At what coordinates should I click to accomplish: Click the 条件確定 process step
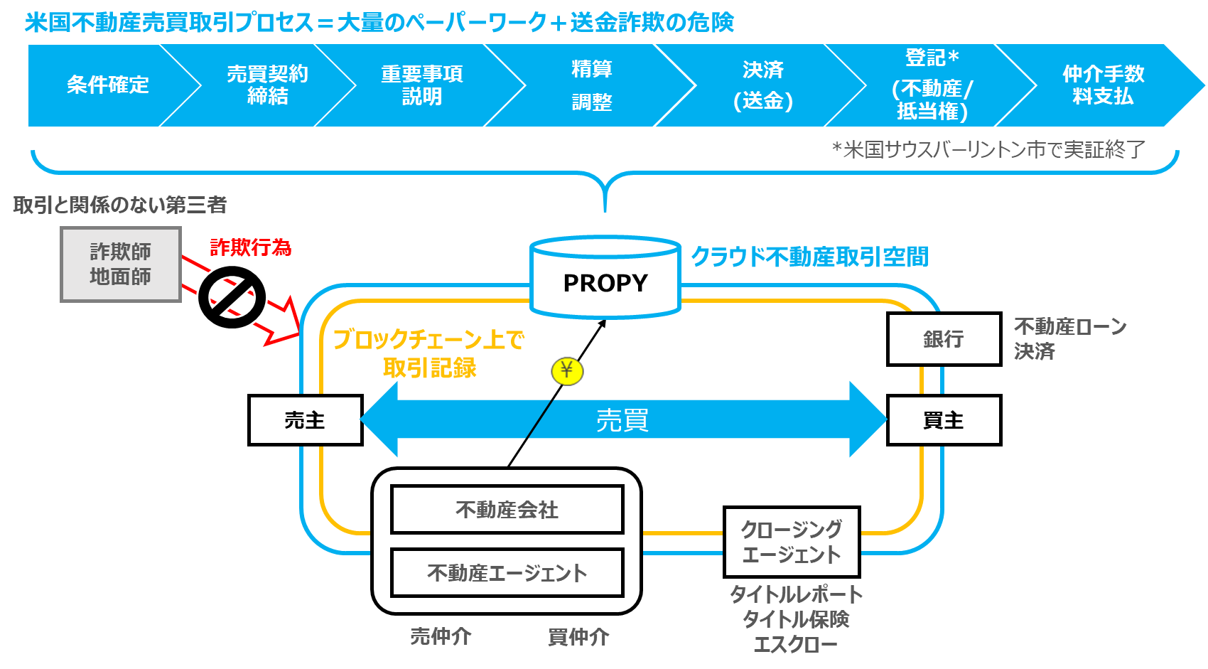coord(107,85)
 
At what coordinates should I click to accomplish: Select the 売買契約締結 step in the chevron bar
coord(267,85)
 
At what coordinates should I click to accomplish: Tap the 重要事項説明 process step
coord(421,85)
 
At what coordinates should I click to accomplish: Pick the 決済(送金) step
coord(762,85)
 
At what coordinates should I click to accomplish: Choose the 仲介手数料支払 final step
coord(1103,85)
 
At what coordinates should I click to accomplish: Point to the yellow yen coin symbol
coord(566,370)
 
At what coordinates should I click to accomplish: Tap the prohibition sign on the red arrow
coord(232,297)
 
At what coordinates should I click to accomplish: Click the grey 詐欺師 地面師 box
coord(121,264)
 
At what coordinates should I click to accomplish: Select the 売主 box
coord(305,420)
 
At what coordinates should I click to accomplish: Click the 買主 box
coord(944,420)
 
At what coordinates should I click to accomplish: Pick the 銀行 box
coord(944,339)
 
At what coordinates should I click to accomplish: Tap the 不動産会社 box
coord(507,510)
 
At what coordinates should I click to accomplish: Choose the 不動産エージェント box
coord(507,572)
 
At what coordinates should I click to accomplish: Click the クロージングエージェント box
coord(792,542)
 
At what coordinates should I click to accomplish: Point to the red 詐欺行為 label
coord(250,247)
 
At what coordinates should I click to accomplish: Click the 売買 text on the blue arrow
coord(622,420)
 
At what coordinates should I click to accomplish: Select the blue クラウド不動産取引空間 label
coord(809,257)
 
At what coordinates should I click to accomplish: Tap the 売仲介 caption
coord(441,636)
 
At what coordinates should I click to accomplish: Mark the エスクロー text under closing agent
coord(795,645)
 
